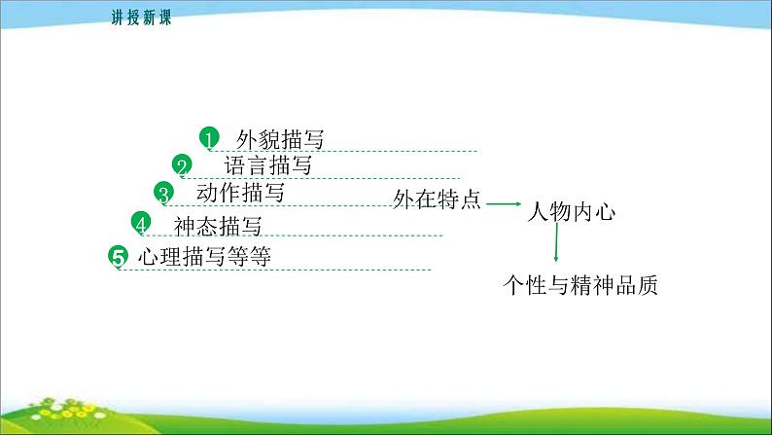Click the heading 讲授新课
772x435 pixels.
(x=141, y=18)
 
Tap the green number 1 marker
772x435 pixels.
(x=209, y=138)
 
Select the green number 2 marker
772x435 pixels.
(x=182, y=165)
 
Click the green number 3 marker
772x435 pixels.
(x=163, y=193)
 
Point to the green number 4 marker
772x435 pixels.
(x=141, y=223)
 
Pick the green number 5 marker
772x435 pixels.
(x=119, y=257)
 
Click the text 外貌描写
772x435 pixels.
(x=280, y=139)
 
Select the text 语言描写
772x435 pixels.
(x=267, y=165)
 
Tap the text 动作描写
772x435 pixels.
(x=240, y=192)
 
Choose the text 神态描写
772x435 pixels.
(x=218, y=226)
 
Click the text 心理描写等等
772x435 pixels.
(x=204, y=257)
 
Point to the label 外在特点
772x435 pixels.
(x=437, y=199)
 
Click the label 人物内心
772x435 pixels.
(x=571, y=212)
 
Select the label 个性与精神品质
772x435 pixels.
(x=580, y=285)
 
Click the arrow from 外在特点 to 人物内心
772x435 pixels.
(x=504, y=203)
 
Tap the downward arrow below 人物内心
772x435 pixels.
(x=556, y=242)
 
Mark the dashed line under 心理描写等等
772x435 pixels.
(x=275, y=270)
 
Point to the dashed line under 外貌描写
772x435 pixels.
(x=343, y=151)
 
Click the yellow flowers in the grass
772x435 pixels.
(x=66, y=410)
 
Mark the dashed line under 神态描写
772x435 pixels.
(x=293, y=236)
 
